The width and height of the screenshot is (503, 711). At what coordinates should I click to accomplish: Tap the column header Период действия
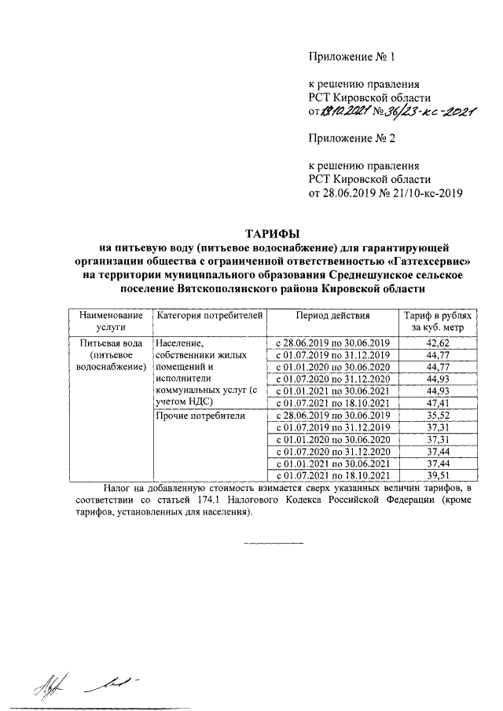pos(332,315)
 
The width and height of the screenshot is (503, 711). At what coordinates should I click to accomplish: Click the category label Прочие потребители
pos(201,416)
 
